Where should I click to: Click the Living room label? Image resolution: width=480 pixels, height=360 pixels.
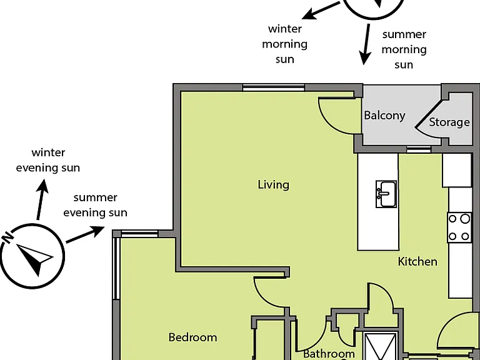(273, 185)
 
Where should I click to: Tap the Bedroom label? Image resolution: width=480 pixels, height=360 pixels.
(193, 337)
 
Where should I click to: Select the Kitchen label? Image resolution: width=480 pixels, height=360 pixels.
(417, 261)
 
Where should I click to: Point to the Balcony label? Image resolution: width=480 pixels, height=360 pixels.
(384, 116)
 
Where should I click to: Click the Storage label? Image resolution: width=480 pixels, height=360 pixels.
(449, 122)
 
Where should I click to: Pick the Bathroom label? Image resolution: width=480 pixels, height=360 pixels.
(329, 354)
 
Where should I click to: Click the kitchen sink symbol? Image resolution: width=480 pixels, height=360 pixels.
(386, 194)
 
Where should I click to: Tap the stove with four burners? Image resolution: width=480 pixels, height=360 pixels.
(459, 227)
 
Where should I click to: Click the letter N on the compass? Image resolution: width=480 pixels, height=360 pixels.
(8, 237)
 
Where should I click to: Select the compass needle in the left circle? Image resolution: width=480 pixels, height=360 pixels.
(35, 259)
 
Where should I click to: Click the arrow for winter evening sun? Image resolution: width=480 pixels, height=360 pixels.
(41, 199)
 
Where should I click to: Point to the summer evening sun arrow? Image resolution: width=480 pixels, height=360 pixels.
(85, 235)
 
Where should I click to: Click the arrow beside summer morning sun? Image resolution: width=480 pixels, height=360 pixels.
(366, 44)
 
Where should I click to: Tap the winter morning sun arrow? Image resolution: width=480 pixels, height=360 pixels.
(321, 11)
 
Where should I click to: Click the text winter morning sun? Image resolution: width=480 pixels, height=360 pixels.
(285, 44)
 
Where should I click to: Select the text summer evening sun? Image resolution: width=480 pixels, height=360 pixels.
(95, 205)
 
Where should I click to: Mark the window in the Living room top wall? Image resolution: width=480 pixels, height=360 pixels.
(274, 87)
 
